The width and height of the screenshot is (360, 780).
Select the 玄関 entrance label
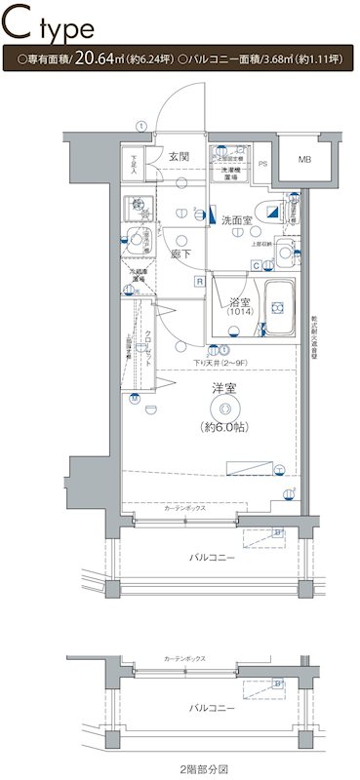[178, 156]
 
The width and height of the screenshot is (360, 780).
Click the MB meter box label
[304, 159]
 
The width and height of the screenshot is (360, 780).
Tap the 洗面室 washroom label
[235, 220]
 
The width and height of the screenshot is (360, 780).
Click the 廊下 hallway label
[180, 253]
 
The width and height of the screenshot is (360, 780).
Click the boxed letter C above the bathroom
[256, 265]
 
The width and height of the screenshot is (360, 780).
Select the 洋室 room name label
[224, 390]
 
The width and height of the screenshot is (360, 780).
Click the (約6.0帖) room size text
[225, 427]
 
